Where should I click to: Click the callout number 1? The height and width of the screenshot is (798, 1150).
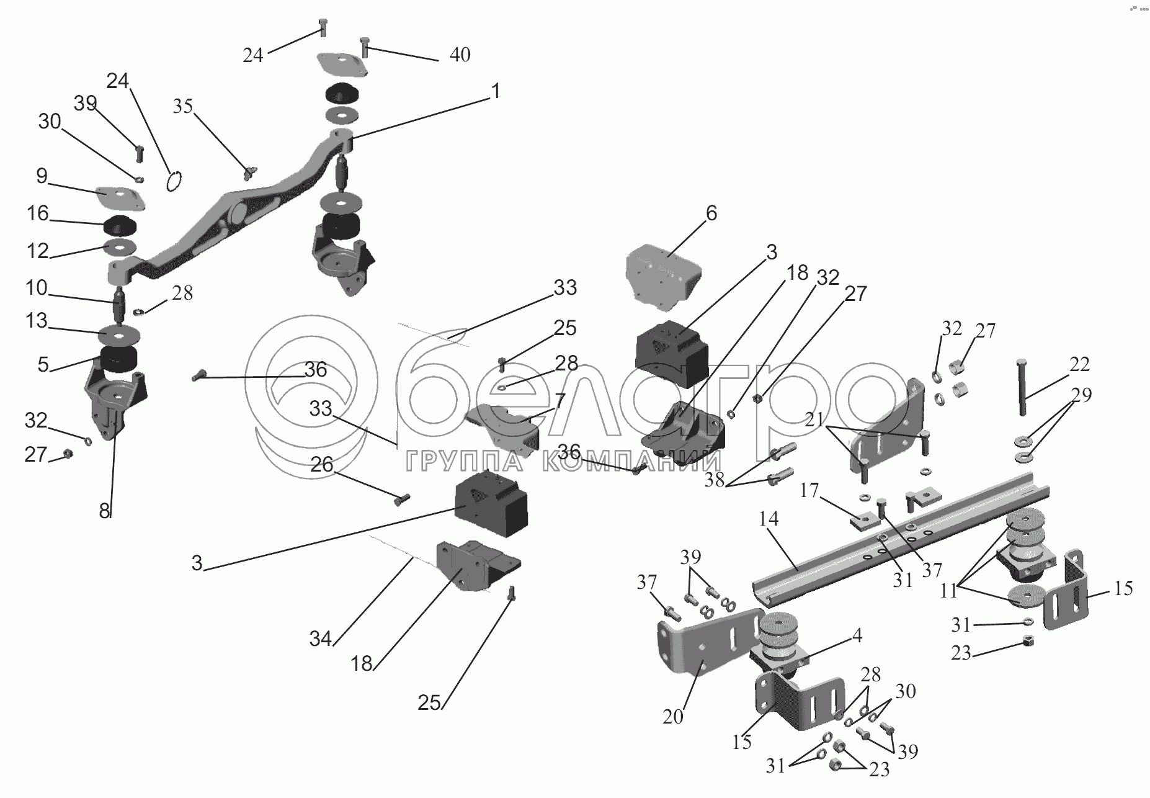pyautogui.click(x=495, y=91)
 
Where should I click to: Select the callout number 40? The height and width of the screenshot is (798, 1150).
pyautogui.click(x=460, y=55)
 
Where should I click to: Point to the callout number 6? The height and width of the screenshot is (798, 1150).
pyautogui.click(x=711, y=213)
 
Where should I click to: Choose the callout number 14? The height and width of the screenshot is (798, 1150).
pyautogui.click(x=768, y=519)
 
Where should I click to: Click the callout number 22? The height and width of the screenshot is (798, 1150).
pyautogui.click(x=1079, y=364)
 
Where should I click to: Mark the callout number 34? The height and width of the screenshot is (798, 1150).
pyautogui.click(x=321, y=638)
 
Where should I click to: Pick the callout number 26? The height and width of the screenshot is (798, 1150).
pyautogui.click(x=322, y=464)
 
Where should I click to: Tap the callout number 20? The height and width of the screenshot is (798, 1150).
pyautogui.click(x=672, y=717)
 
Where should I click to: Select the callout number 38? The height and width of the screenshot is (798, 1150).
pyautogui.click(x=715, y=480)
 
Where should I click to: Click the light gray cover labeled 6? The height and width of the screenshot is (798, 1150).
pyautogui.click(x=664, y=277)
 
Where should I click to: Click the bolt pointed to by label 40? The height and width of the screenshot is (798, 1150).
pyautogui.click(x=365, y=47)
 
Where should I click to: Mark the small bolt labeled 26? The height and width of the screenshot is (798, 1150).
pyautogui.click(x=403, y=498)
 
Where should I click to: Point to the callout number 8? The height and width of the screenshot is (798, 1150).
pyautogui.click(x=104, y=511)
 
